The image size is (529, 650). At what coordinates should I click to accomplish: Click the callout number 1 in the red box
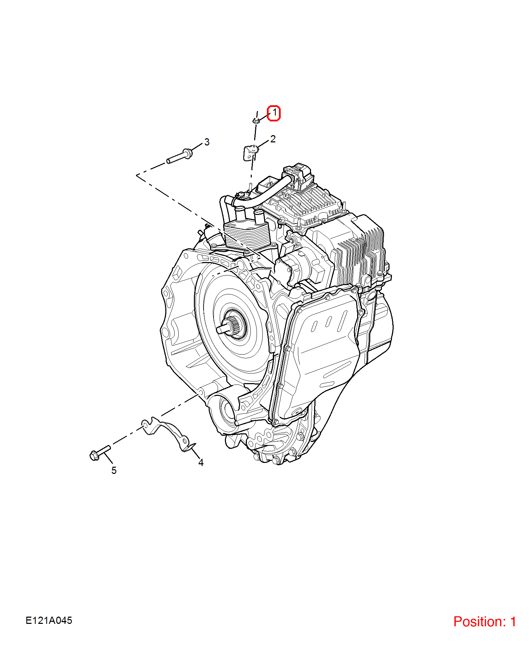[x=274, y=113]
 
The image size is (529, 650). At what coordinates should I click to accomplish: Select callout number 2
[x=273, y=139]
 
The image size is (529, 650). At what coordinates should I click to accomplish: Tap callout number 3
[x=207, y=142]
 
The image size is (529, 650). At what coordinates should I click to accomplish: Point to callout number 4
[x=201, y=463]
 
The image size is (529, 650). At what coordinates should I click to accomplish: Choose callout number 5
[x=114, y=470]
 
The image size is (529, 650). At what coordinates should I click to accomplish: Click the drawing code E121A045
[x=49, y=620]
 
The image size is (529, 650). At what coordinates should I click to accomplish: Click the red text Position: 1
[x=485, y=621]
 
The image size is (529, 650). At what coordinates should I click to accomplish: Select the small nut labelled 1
[x=256, y=120]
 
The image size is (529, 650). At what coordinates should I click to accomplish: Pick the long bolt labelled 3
[x=179, y=156]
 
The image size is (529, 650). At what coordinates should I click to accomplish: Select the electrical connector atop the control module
[x=298, y=175]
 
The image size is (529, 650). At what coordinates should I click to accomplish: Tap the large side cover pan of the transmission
[x=319, y=354]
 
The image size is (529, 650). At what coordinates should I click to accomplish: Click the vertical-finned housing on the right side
[x=360, y=254]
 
